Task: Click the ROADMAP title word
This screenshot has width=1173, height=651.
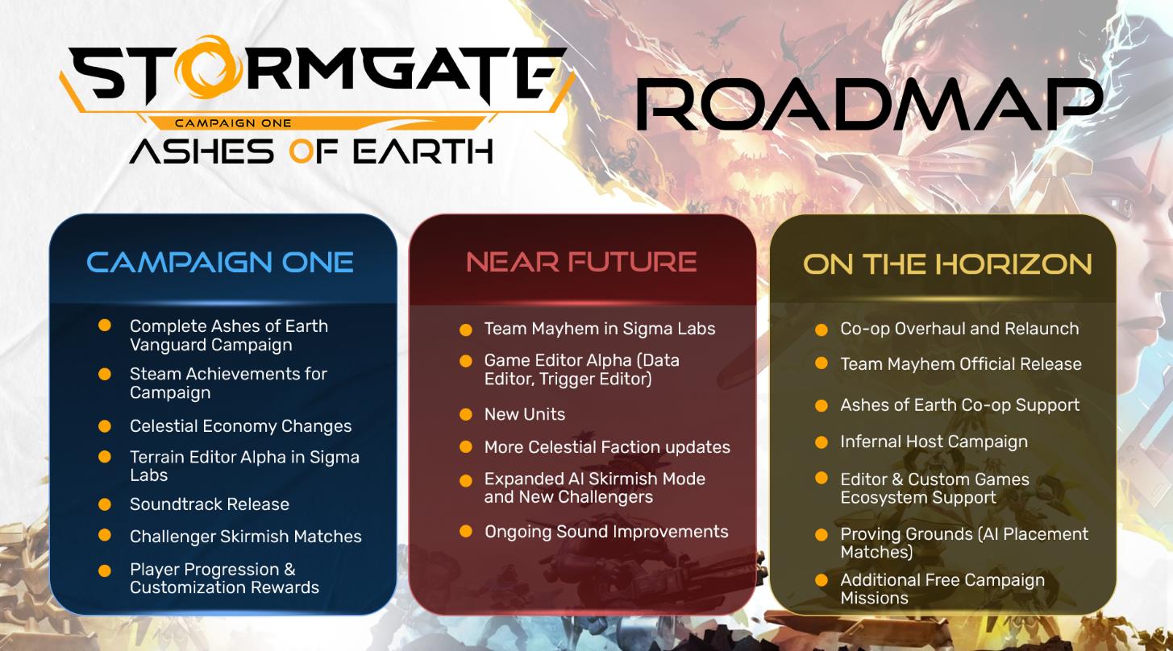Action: click(870, 104)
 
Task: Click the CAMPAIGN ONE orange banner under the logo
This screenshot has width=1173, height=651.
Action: click(233, 123)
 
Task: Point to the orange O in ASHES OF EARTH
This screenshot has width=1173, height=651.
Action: click(302, 151)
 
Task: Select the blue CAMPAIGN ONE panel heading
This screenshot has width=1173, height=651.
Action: click(220, 262)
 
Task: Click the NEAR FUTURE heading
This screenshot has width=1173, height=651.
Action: click(581, 262)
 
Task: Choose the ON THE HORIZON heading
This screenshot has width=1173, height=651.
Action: click(947, 263)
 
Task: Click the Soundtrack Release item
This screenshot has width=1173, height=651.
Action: click(210, 504)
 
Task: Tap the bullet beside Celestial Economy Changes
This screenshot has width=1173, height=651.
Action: click(105, 426)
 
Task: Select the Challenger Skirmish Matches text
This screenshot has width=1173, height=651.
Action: click(246, 537)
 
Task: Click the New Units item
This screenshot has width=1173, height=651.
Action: click(525, 414)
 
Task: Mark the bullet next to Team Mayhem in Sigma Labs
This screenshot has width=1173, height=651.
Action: click(465, 330)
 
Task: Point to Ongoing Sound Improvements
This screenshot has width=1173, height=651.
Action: click(606, 532)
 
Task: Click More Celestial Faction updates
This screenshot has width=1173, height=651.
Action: click(607, 447)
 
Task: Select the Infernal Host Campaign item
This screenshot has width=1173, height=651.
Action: click(934, 442)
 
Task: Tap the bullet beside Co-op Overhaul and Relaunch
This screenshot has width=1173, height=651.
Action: click(822, 330)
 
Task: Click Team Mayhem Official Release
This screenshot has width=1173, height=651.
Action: click(961, 363)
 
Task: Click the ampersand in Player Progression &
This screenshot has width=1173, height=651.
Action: click(289, 570)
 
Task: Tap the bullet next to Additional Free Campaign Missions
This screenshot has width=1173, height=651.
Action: click(822, 580)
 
